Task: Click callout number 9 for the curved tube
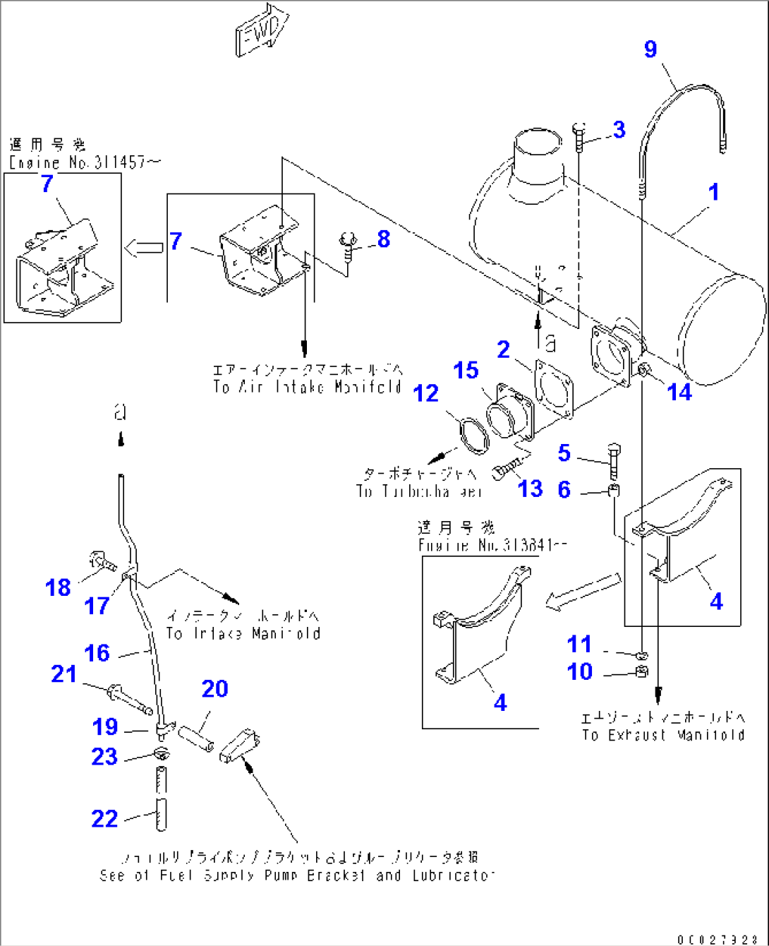point(650,49)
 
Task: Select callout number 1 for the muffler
point(714,191)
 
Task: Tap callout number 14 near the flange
point(679,392)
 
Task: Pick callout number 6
point(564,489)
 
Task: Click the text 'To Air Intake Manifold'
point(308,387)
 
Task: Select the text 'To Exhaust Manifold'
point(663,735)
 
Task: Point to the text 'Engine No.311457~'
point(85,163)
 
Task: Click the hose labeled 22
point(161,798)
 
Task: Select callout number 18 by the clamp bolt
point(58,587)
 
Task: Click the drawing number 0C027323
point(717,940)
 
